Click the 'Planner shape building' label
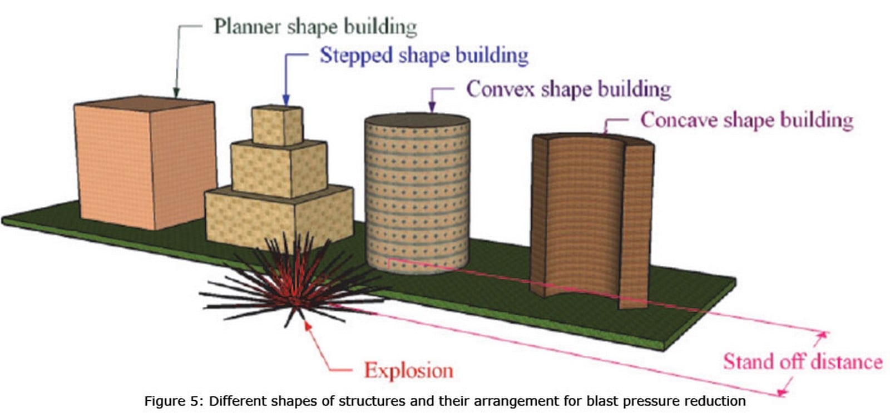click(315, 27)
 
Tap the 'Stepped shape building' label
click(424, 56)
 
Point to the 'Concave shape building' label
click(747, 120)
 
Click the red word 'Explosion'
click(409, 371)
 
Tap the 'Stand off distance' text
click(803, 362)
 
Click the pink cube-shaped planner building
click(145, 163)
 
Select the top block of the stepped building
click(278, 125)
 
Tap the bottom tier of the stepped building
click(279, 216)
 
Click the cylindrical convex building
click(417, 193)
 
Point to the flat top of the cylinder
click(417, 120)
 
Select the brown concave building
click(592, 221)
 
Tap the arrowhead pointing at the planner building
click(176, 92)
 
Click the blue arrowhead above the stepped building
click(286, 101)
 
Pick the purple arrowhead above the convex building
click(432, 107)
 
